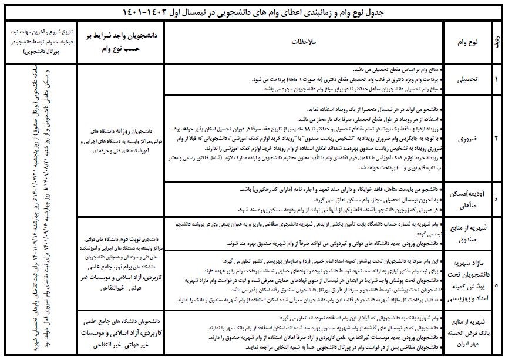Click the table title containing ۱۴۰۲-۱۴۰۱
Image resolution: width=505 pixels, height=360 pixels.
tap(253, 11)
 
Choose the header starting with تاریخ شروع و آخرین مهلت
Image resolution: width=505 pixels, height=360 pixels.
tap(36, 42)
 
